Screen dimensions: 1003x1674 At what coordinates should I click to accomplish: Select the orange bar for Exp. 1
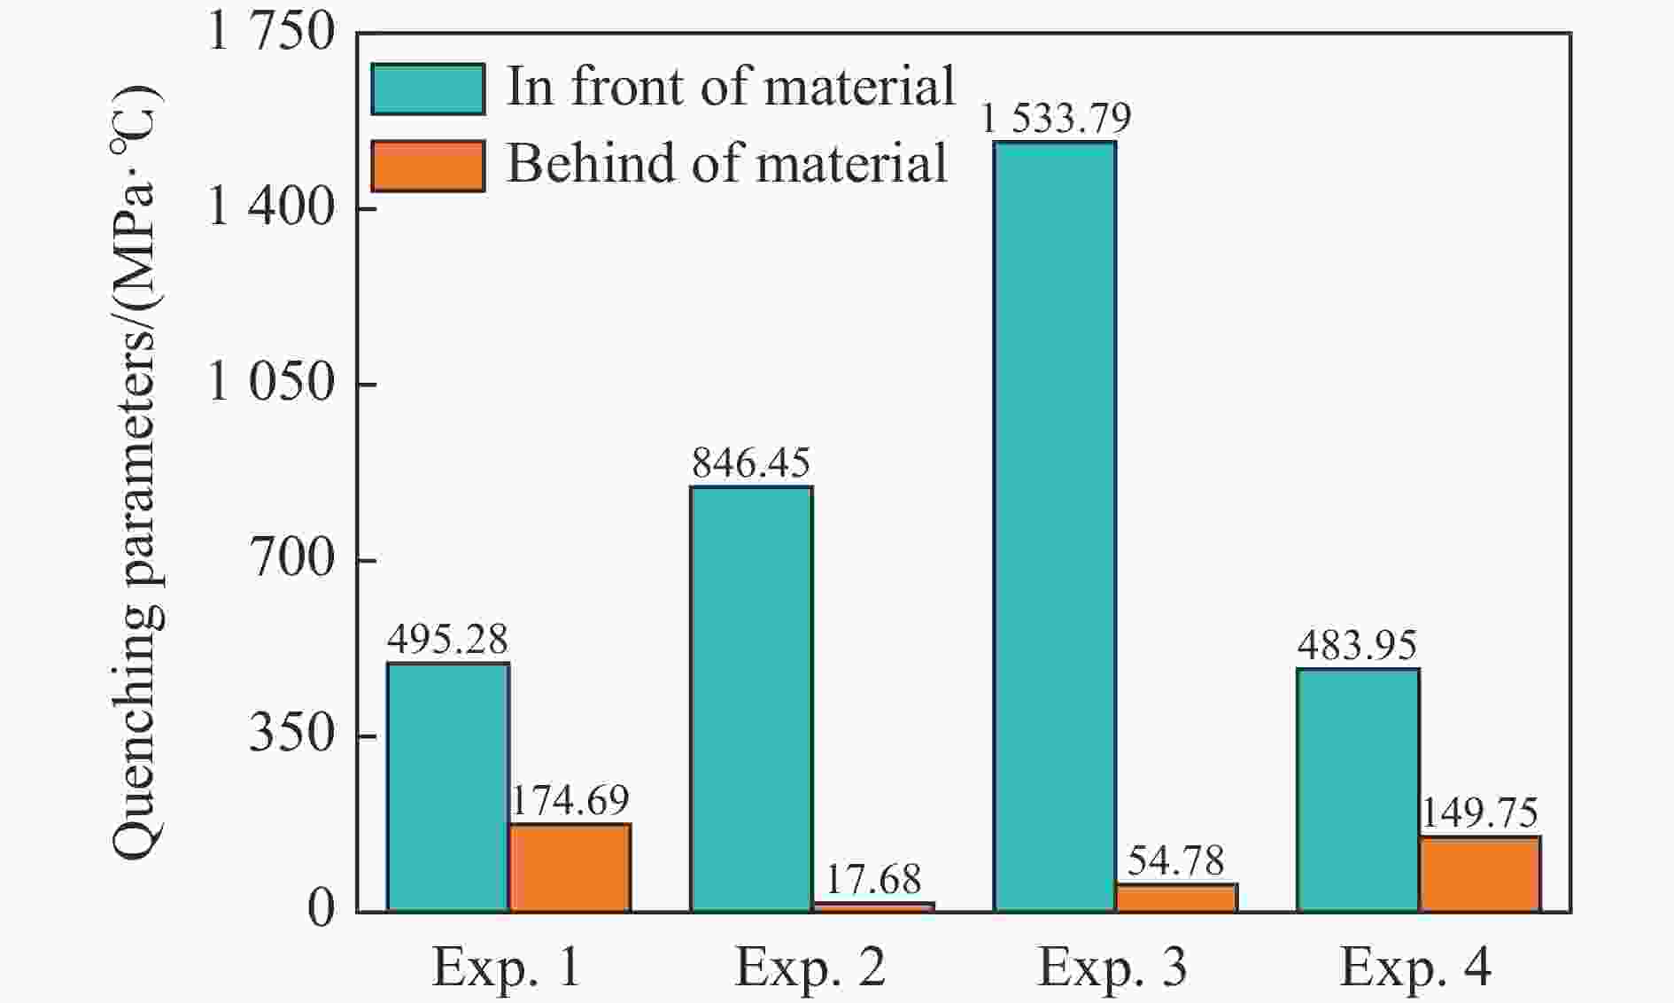[x=570, y=867]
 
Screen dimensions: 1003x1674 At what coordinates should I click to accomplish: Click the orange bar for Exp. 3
[x=1176, y=897]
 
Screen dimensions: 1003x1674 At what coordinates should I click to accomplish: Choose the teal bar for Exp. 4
[x=1358, y=789]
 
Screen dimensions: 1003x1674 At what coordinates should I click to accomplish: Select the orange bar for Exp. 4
[x=1480, y=874]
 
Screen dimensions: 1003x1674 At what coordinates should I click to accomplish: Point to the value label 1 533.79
[x=1056, y=118]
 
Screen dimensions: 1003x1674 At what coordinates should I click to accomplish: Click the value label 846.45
[x=751, y=463]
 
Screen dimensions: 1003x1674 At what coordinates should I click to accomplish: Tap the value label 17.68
[x=873, y=880]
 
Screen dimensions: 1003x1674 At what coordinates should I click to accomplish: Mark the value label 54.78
[x=1176, y=861]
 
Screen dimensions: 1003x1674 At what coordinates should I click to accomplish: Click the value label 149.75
[x=1480, y=813]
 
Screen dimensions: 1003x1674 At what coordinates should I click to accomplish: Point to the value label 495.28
[x=447, y=640]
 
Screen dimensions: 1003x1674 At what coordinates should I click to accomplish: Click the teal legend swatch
[x=428, y=89]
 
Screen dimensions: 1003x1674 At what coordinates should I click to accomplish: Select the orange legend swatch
[x=428, y=166]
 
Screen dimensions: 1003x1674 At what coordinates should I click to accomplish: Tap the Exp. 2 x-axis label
[x=810, y=968]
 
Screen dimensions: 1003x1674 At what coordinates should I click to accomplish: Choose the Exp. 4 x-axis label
[x=1416, y=968]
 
